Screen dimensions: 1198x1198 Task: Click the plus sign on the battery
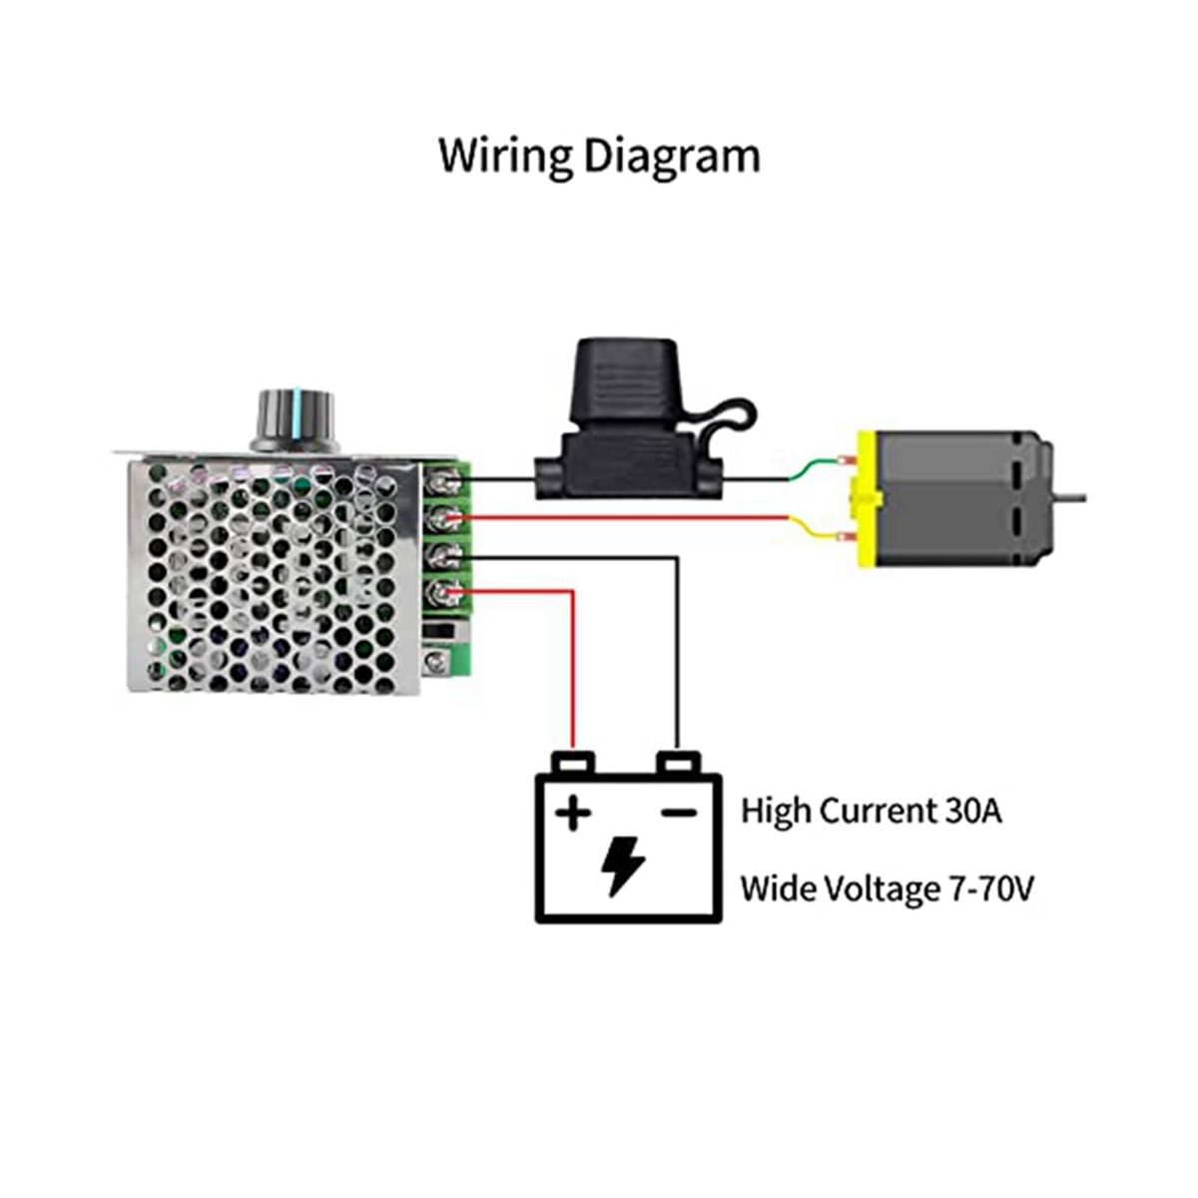(572, 813)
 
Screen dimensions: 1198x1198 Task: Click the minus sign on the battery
(679, 813)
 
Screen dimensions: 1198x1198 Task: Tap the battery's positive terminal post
(574, 763)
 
